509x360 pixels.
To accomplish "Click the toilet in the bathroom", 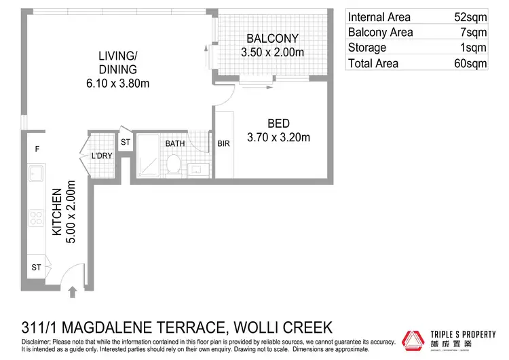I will (174, 164).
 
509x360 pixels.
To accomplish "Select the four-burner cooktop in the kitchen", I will (36, 219).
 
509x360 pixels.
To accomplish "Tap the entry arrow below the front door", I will (73, 291).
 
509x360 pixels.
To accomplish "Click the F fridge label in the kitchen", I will (37, 148).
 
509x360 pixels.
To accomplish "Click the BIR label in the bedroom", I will (223, 144).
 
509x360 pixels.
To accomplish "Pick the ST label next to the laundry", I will (126, 143).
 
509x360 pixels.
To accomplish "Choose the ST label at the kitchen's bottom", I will (36, 268).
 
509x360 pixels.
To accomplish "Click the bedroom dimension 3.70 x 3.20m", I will (278, 137).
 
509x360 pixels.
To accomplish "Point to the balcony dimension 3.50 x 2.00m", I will (272, 52).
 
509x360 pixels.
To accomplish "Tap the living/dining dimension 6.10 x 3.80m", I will (115, 84).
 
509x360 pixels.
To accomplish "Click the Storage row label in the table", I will (367, 48).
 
